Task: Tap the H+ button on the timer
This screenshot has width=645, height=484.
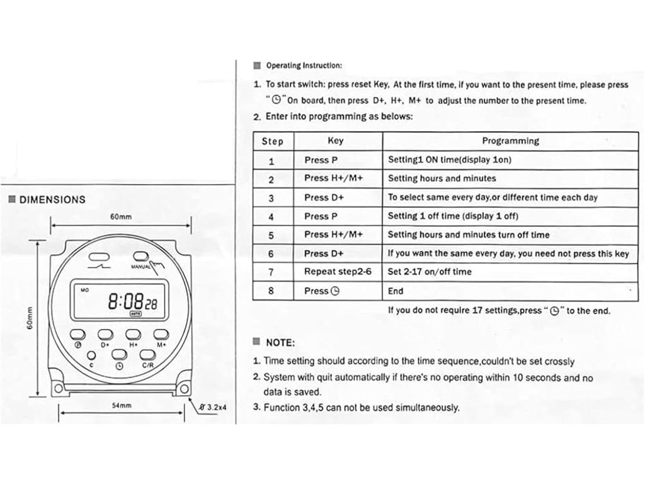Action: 134,334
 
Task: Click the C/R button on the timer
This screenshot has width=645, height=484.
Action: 147,355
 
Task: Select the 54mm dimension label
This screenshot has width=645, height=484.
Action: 122,406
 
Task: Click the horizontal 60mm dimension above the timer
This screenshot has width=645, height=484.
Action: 120,217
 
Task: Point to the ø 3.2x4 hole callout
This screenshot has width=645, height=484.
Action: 213,406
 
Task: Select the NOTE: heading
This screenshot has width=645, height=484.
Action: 280,343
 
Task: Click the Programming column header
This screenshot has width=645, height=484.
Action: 510,141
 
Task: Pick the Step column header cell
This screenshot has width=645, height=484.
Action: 273,141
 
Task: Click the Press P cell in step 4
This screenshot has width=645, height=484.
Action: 325,216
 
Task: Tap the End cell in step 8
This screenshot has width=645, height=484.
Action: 396,291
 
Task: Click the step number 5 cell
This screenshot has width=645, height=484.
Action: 271,235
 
